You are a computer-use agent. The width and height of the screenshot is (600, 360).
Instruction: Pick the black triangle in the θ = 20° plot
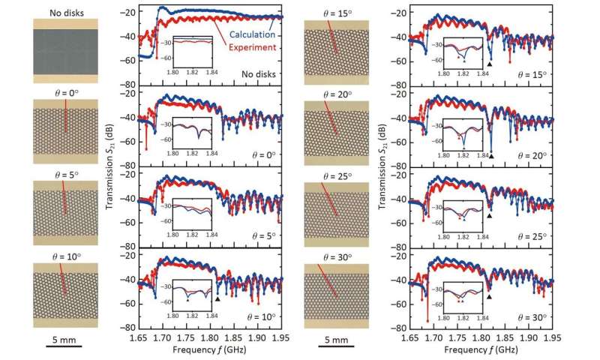point(491,156)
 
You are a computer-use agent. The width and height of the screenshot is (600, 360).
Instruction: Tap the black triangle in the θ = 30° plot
point(489,297)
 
